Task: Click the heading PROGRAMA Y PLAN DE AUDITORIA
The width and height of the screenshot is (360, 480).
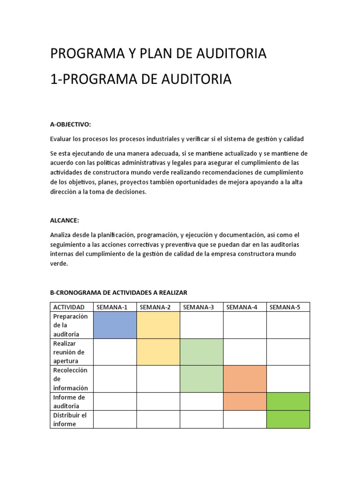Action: pyautogui.click(x=158, y=54)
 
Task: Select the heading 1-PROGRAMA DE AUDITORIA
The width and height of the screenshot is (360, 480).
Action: pyautogui.click(x=141, y=79)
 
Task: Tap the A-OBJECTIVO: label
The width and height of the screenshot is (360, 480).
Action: pyautogui.click(x=70, y=124)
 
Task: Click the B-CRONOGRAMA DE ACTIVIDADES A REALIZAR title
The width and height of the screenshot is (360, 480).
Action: pyautogui.click(x=119, y=292)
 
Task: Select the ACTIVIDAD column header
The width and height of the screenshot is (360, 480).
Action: pyautogui.click(x=69, y=307)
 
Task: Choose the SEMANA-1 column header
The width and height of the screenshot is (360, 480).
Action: pyautogui.click(x=112, y=307)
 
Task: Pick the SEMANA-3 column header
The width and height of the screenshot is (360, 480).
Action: pyautogui.click(x=198, y=307)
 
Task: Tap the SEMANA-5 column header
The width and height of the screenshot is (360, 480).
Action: pyautogui.click(x=285, y=307)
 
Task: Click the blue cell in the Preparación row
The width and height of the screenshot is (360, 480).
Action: pyautogui.click(x=115, y=325)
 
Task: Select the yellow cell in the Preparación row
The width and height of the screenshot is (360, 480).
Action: pyautogui.click(x=158, y=325)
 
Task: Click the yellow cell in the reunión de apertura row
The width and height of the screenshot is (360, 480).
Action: pyautogui.click(x=158, y=352)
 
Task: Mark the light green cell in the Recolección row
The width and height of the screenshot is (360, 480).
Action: pyautogui.click(x=202, y=379)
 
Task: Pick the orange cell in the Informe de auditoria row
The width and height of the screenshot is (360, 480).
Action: pyautogui.click(x=245, y=401)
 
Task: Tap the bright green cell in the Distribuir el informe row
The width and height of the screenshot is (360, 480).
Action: pyautogui.click(x=288, y=419)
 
